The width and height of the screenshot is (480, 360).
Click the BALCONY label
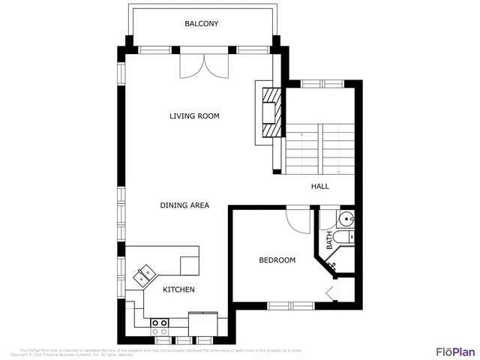pyautogui.click(x=202, y=24)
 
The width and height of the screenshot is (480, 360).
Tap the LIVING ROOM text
pyautogui.click(x=193, y=115)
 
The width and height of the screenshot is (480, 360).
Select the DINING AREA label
pyautogui.click(x=184, y=205)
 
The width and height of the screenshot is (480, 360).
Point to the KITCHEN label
pyautogui.click(x=179, y=289)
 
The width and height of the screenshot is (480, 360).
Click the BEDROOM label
pyautogui.click(x=277, y=260)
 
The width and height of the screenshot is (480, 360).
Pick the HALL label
pyautogui.click(x=319, y=187)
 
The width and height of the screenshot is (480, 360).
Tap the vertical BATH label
pyautogui.click(x=328, y=240)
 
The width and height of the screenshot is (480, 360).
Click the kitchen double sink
pyautogui.click(x=144, y=275)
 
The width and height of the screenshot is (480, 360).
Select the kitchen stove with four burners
pyautogui.click(x=159, y=326)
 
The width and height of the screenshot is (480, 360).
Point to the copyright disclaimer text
pyautogui.click(x=161, y=352)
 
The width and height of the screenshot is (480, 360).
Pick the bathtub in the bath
pyautogui.click(x=344, y=238)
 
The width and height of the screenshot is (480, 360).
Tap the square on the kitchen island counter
pyautogui.click(x=190, y=265)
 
